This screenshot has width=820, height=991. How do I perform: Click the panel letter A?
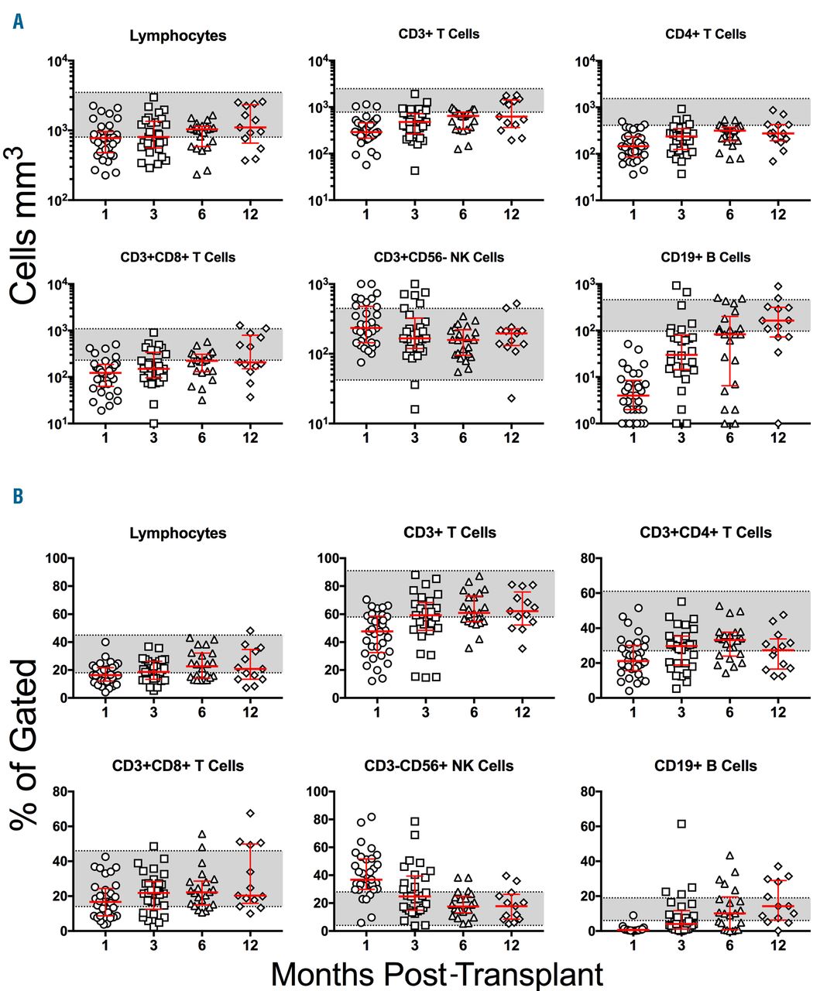tap(18, 22)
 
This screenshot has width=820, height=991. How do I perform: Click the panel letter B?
tap(18, 495)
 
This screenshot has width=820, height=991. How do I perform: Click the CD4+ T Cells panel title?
tap(705, 34)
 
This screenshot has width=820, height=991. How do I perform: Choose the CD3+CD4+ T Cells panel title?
tap(705, 533)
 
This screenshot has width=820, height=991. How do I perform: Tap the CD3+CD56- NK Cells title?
tap(438, 257)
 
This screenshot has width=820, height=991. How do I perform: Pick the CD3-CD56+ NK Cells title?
tap(438, 766)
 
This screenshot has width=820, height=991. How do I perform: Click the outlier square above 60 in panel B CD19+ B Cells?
tap(681, 824)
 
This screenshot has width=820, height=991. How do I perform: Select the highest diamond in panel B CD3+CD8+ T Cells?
tap(250, 813)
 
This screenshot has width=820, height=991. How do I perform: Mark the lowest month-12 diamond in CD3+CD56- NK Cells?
tap(511, 398)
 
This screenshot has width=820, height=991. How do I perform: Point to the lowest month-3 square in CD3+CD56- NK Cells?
tap(415, 409)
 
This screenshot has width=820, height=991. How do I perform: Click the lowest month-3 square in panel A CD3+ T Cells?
tap(415, 170)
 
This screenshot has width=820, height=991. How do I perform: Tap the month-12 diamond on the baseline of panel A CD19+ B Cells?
tap(778, 423)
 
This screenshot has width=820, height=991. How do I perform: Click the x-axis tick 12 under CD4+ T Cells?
tap(778, 214)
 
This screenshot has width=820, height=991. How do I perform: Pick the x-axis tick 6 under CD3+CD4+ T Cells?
tap(729, 712)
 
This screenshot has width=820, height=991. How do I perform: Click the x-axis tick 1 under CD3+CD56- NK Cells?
tap(366, 438)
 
